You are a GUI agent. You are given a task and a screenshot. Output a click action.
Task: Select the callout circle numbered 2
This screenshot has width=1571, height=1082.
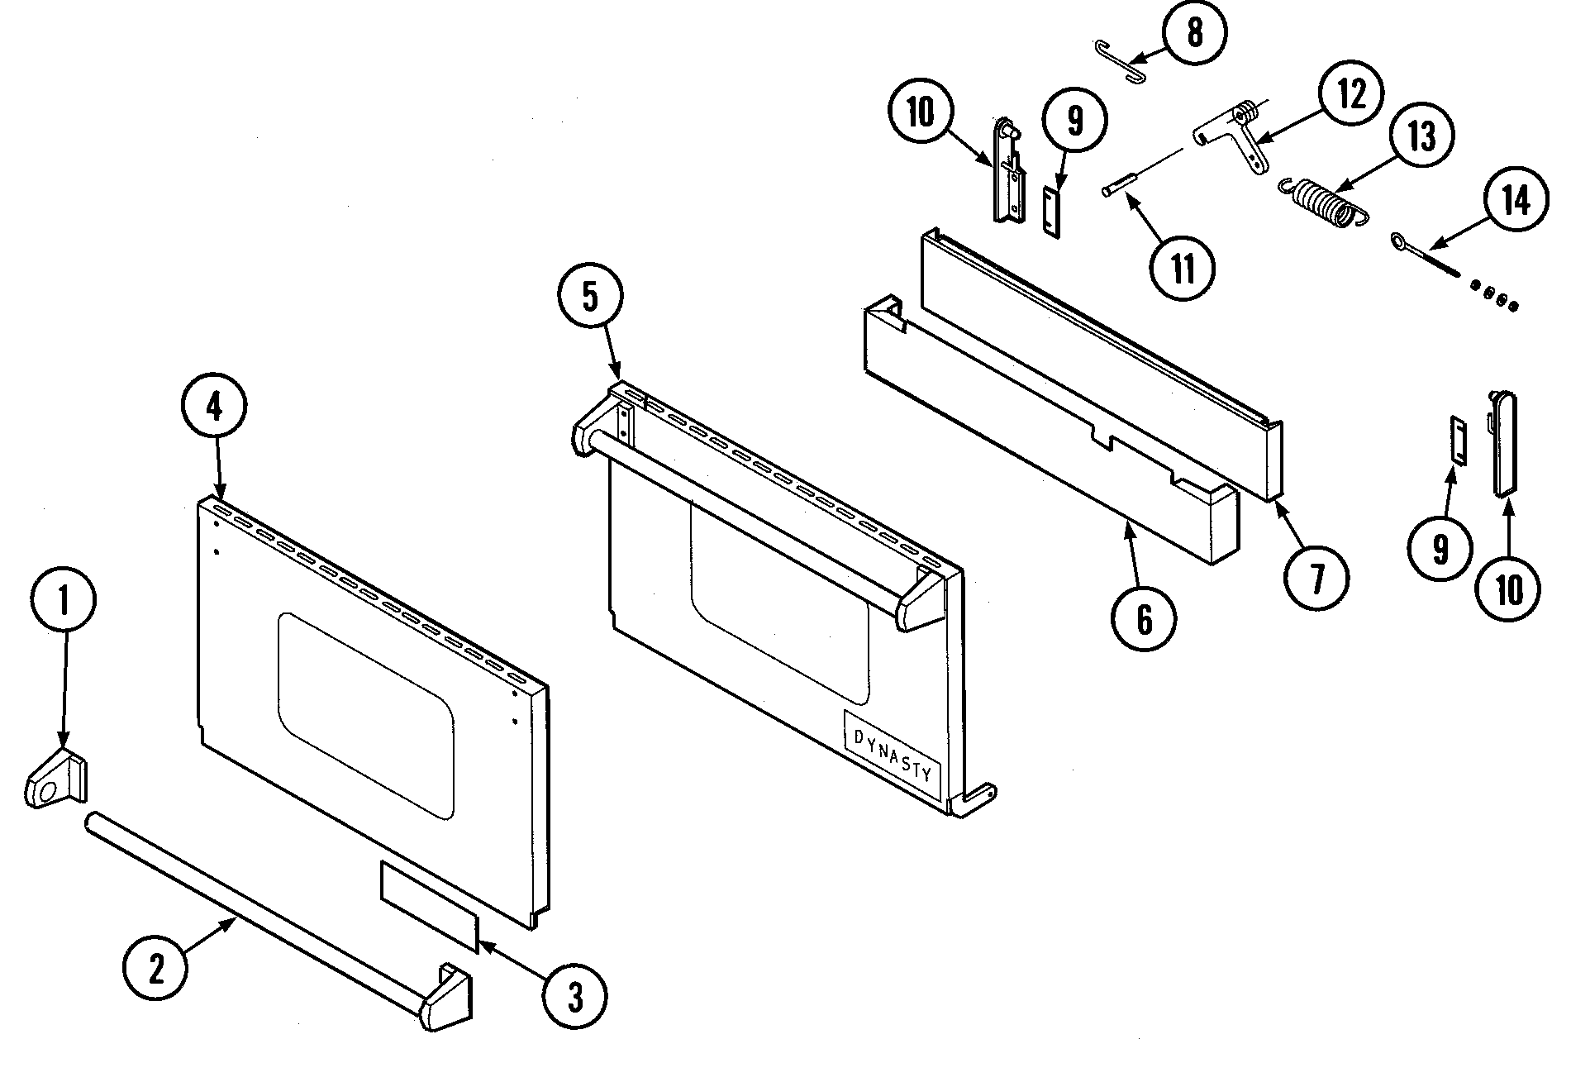point(155,969)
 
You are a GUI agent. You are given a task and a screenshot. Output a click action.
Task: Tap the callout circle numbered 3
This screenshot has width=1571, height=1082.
point(574,997)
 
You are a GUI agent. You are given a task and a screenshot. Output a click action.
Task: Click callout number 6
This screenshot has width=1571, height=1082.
point(1144,618)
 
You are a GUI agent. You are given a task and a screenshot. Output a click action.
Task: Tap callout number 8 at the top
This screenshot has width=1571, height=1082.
point(1194,34)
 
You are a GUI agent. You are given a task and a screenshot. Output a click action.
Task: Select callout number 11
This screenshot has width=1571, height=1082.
point(1183,267)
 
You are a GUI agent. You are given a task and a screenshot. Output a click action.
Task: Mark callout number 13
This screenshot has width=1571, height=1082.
point(1421,136)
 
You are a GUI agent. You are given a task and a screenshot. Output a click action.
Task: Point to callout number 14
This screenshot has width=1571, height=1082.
point(1514,201)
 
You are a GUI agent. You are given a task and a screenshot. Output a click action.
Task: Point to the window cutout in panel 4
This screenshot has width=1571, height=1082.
point(365,716)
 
